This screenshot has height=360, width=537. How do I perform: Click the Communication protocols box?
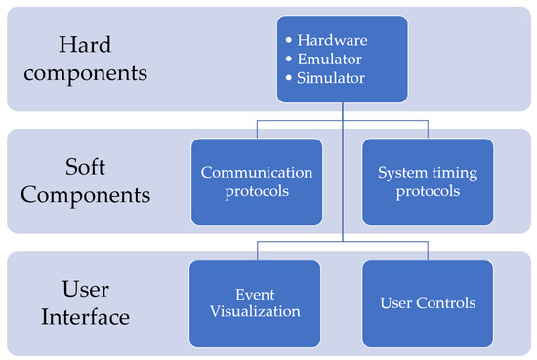click(257, 180)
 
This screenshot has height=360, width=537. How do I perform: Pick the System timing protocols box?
click(428, 180)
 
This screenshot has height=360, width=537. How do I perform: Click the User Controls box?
click(428, 302)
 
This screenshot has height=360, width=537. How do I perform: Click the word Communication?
click(257, 172)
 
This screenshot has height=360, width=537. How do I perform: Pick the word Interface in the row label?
click(95, 317)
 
